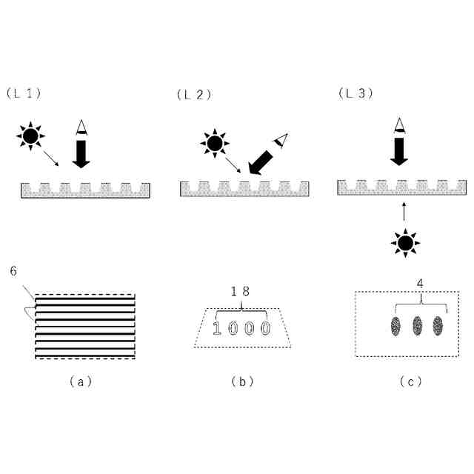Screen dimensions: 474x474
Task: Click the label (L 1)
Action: pos(23,93)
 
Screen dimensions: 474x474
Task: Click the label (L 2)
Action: pos(194,94)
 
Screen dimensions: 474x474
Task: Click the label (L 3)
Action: pos(355,93)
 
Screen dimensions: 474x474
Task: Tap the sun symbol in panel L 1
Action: pos(30,136)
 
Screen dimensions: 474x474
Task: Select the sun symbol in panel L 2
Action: pos(213,143)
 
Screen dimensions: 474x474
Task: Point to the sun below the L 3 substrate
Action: pos(404,242)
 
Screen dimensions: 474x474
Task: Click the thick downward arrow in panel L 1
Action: pos(81,154)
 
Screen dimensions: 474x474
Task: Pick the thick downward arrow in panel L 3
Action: pos(400,151)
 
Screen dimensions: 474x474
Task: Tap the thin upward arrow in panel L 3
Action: pos(404,210)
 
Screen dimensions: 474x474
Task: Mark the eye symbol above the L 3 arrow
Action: pos(400,125)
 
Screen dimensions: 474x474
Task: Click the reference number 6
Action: pos(13,271)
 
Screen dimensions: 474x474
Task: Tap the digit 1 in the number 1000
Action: pos(218,327)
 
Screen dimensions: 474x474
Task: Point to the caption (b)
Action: pos(242,382)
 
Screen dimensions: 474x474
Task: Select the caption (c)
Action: pos(410,382)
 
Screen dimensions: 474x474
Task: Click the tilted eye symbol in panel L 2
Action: pos(280,139)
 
